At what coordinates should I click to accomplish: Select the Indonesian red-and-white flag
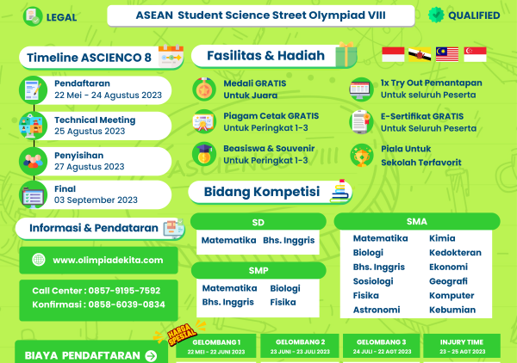pyautogui.click(x=393, y=54)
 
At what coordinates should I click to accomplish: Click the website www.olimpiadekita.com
pyautogui.click(x=108, y=260)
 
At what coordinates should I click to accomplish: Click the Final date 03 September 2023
pyautogui.click(x=96, y=200)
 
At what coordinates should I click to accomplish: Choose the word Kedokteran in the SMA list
pyautogui.click(x=455, y=253)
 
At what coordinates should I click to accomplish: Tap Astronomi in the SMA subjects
pyautogui.click(x=377, y=310)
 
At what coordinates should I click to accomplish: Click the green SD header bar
pyautogui.click(x=258, y=222)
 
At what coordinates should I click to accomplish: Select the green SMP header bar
pyautogui.click(x=258, y=270)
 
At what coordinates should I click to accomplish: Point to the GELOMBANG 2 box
pyautogui.click(x=298, y=346)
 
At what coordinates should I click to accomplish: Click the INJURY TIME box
pyautogui.click(x=462, y=346)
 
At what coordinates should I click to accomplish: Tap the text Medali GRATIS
pyautogui.click(x=254, y=83)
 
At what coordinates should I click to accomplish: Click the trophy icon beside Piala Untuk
pyautogui.click(x=361, y=155)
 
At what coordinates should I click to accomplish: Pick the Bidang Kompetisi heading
pyautogui.click(x=261, y=190)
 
